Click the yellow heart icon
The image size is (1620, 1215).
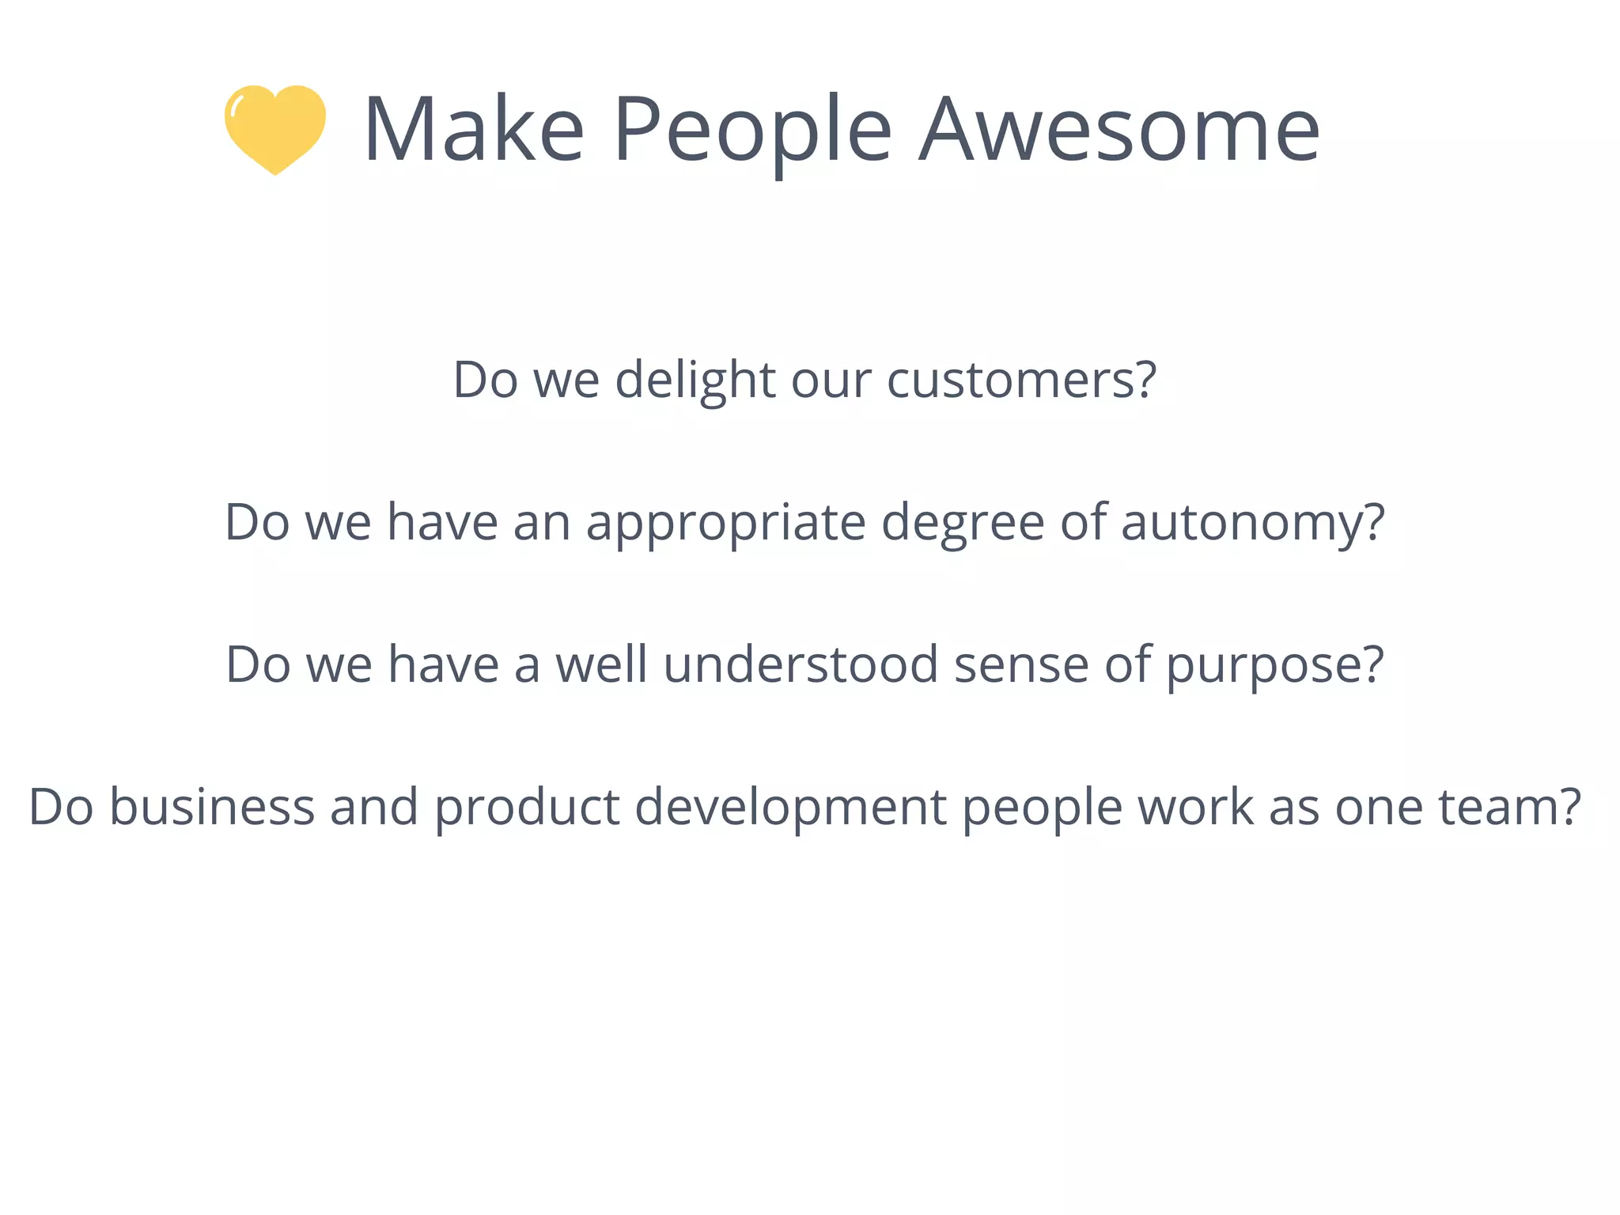[274, 128]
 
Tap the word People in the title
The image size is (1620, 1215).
[752, 131]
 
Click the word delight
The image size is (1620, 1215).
[695, 380]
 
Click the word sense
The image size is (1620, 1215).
[1021, 664]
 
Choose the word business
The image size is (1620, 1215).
[212, 807]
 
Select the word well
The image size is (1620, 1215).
[601, 664]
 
